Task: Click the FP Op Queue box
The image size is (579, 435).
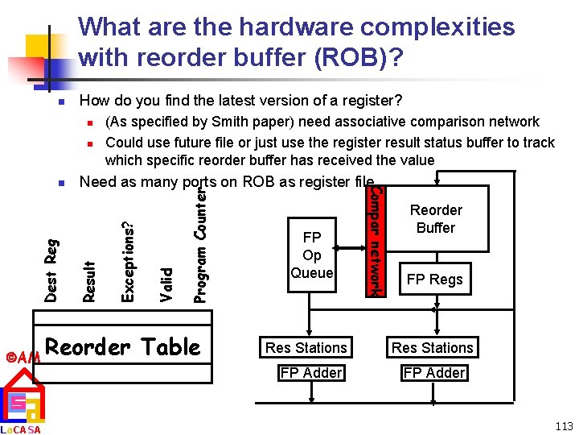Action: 312,255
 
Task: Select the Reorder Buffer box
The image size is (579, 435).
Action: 436,219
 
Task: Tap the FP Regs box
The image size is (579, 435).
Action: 435,280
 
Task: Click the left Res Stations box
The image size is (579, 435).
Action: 306,348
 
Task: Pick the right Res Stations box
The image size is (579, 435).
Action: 433,348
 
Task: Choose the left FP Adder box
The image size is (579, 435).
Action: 311,373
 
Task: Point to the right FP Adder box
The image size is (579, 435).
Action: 434,373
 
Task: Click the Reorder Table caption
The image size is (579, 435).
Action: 122,347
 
